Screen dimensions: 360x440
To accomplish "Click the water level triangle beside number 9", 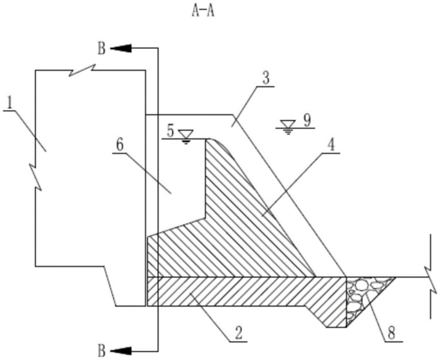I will tap(290, 126).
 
